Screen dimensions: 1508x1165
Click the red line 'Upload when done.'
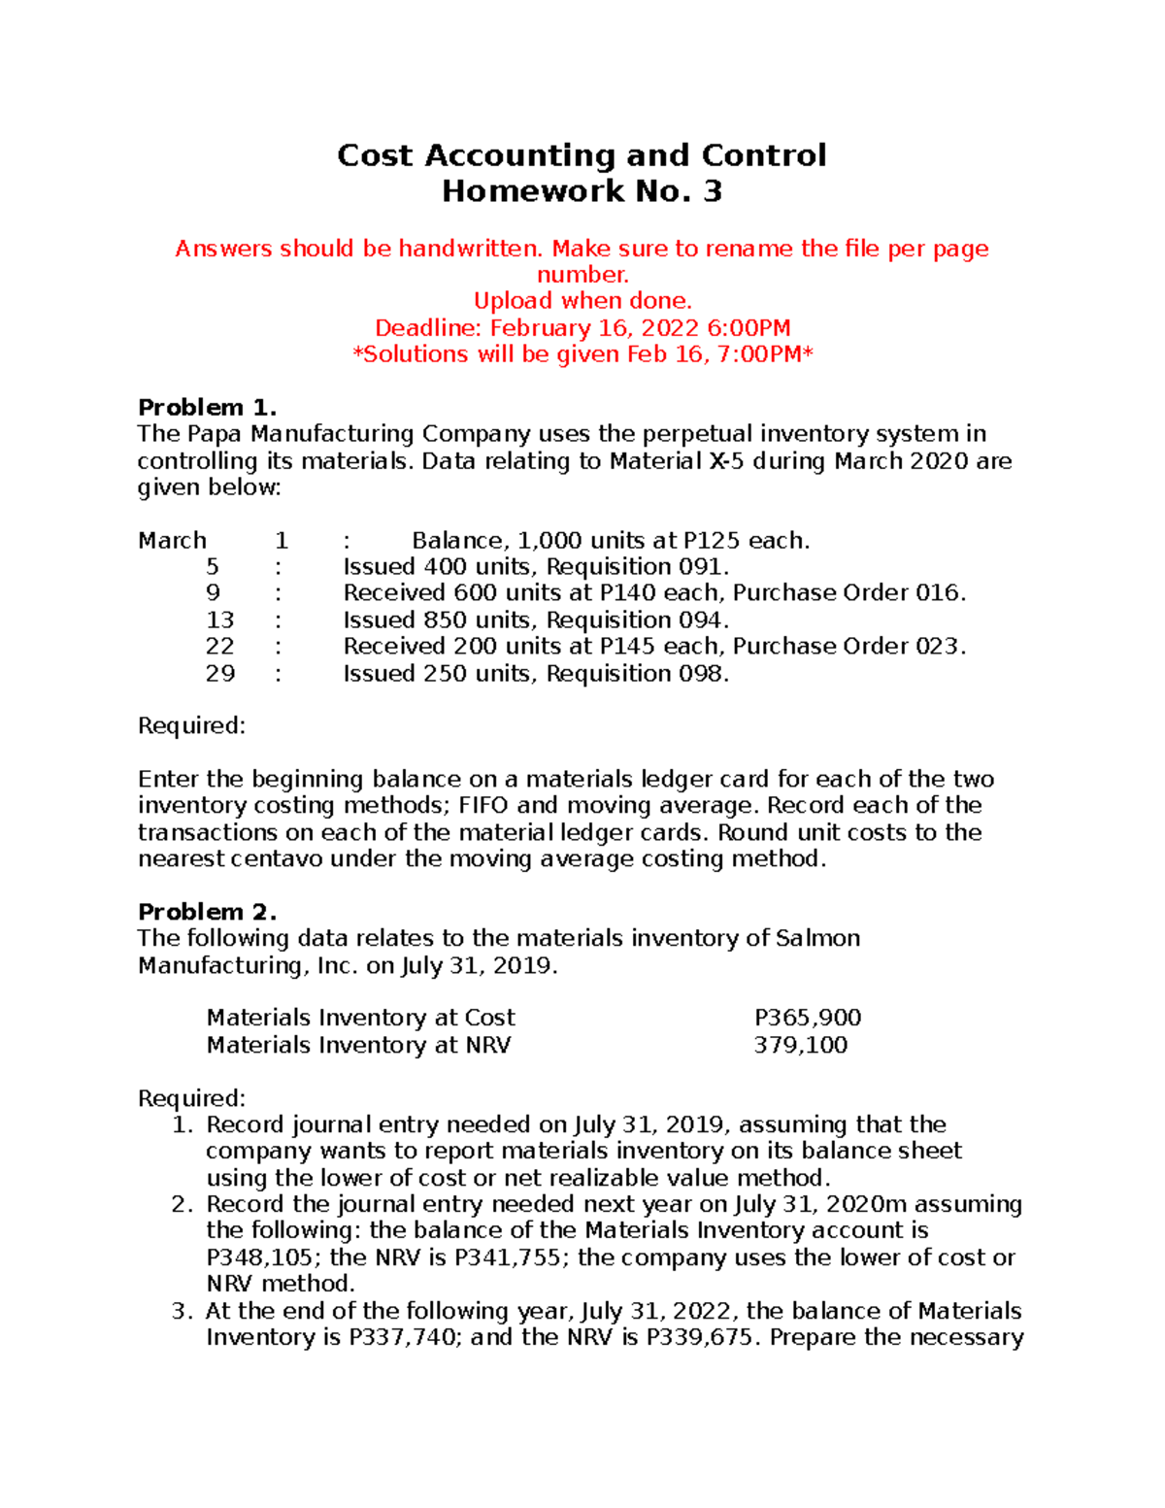(x=582, y=301)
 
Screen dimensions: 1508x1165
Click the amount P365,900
(x=808, y=1018)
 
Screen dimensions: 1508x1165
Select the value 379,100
(x=800, y=1045)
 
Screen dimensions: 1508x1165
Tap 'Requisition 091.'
(x=637, y=567)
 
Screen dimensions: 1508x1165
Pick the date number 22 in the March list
(x=219, y=647)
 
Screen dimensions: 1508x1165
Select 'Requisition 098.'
(x=637, y=674)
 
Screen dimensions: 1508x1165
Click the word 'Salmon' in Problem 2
(x=817, y=938)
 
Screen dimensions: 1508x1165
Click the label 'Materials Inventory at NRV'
(x=358, y=1045)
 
